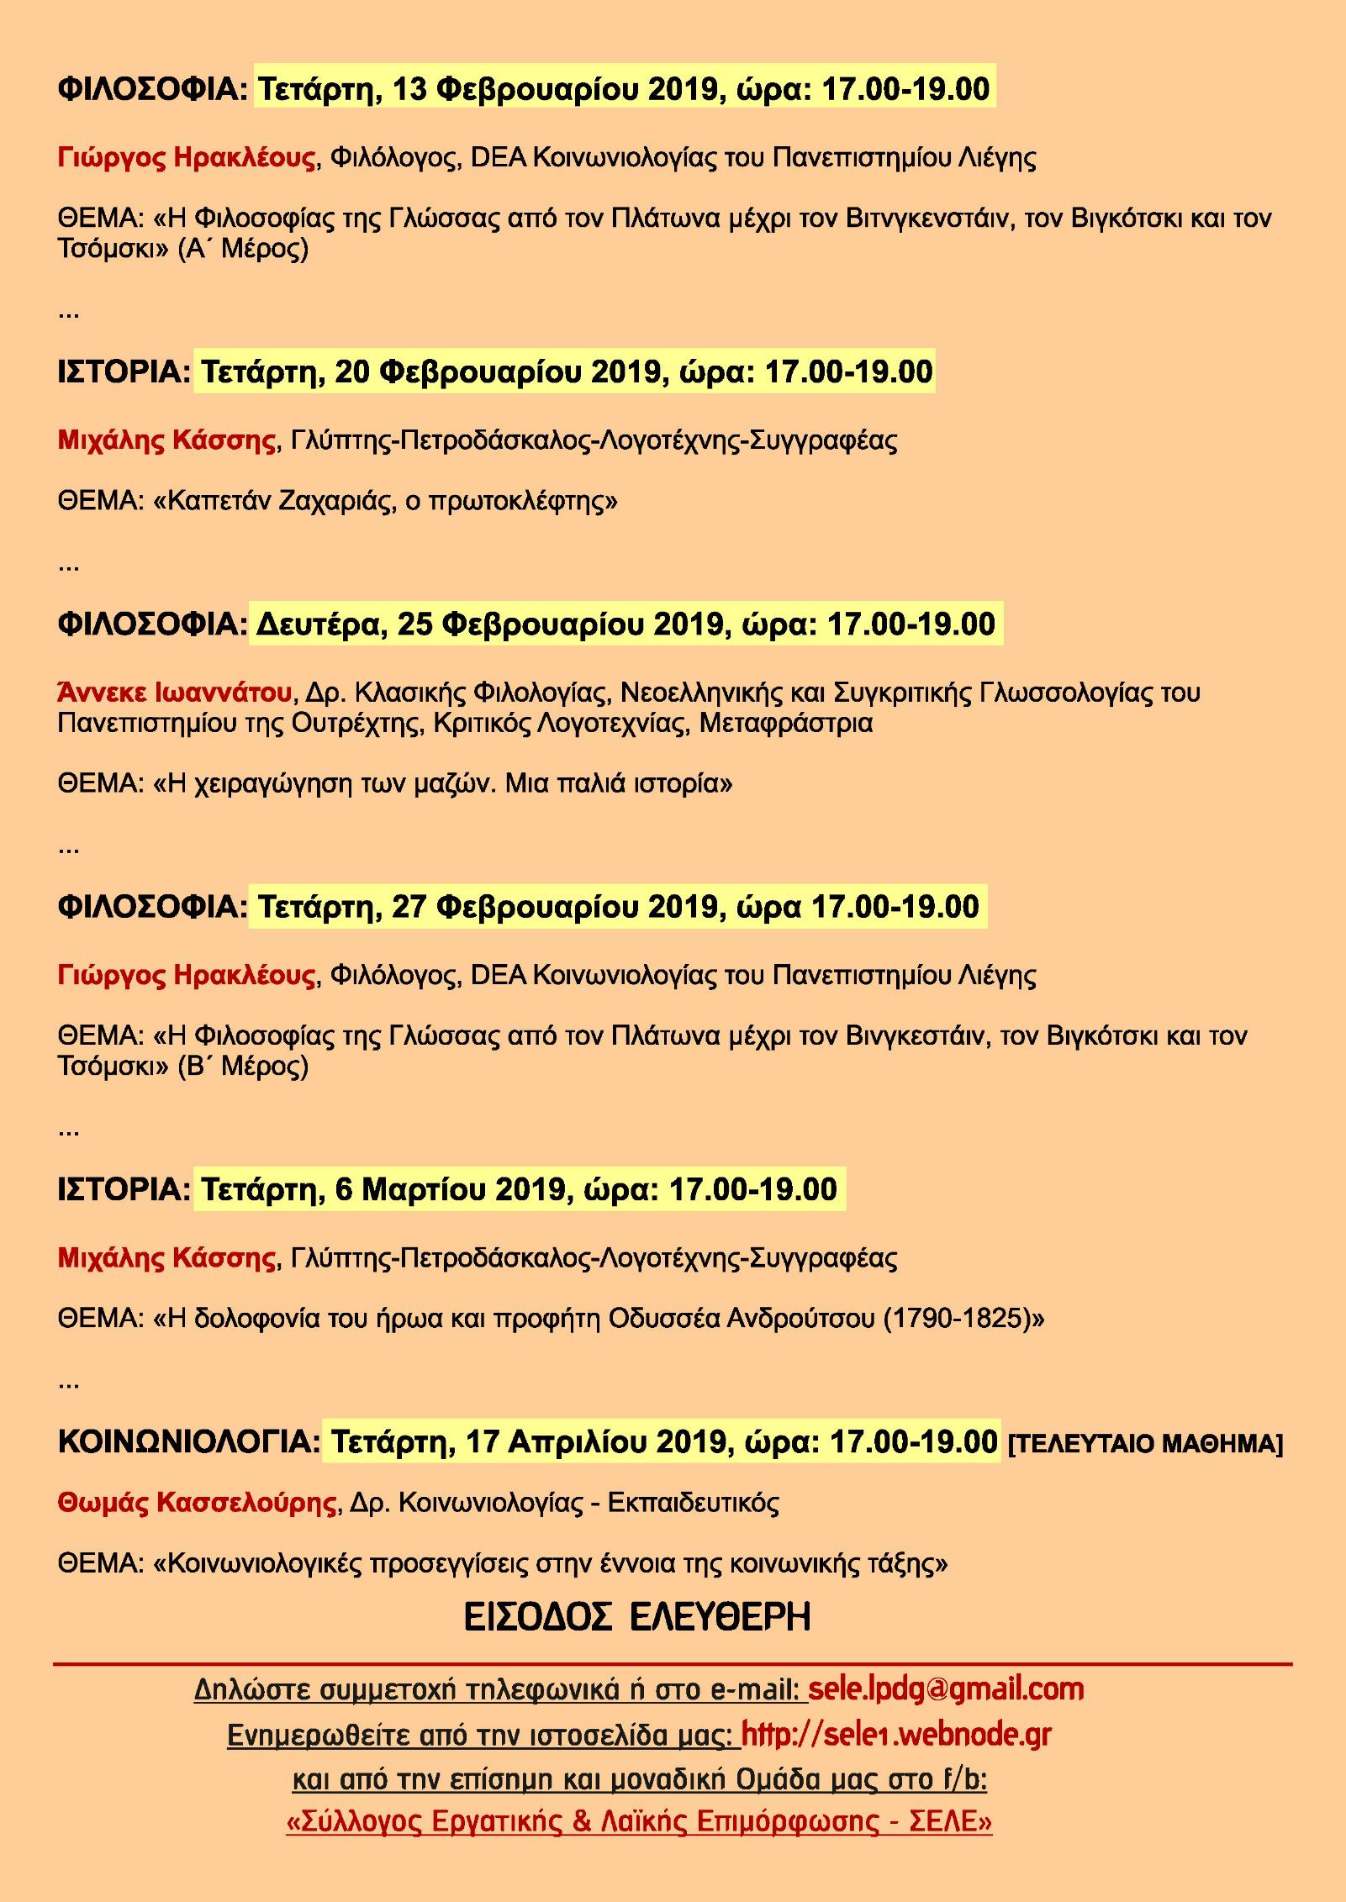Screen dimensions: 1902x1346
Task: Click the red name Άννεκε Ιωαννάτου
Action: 175,693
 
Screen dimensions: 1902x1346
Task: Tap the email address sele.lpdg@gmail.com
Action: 946,1665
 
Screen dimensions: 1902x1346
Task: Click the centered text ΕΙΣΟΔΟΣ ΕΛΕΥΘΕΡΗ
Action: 637,1616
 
